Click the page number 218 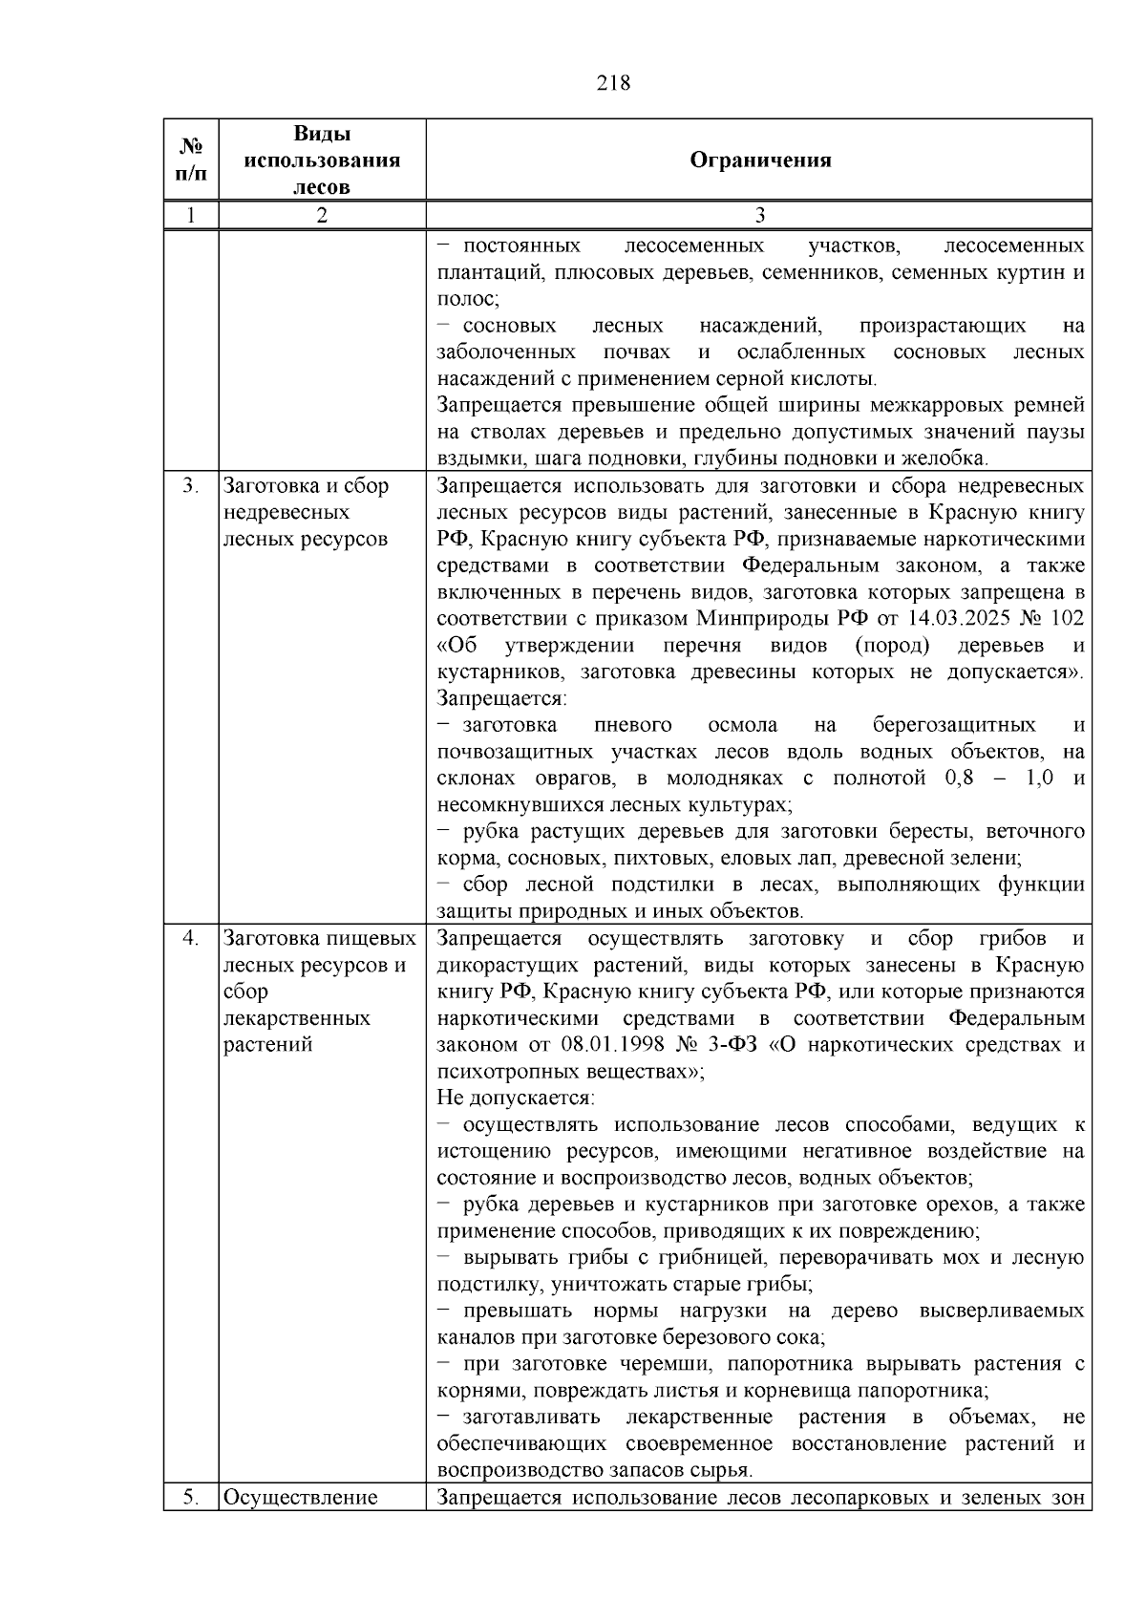(x=613, y=83)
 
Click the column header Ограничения (x=760, y=160)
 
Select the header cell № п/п (x=191, y=160)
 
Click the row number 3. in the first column (x=191, y=485)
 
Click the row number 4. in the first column (x=191, y=938)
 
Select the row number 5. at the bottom (x=191, y=1497)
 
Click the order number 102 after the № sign (x=1068, y=618)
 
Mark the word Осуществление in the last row (x=300, y=1497)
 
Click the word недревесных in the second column (x=286, y=512)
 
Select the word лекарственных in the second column (x=296, y=1018)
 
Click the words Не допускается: (x=516, y=1098)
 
